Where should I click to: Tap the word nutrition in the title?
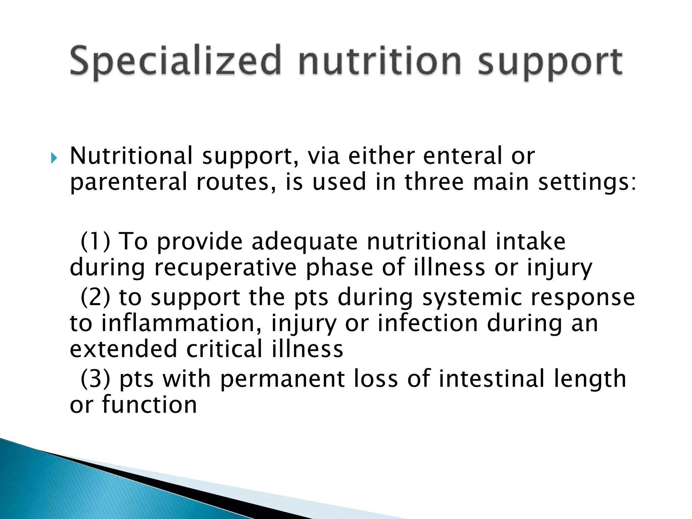click(x=380, y=62)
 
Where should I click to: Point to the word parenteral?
click(x=128, y=182)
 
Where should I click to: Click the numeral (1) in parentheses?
click(x=96, y=242)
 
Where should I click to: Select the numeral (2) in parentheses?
click(x=96, y=297)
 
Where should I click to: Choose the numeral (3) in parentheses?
click(x=96, y=379)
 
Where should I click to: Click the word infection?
click(x=427, y=323)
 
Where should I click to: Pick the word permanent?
click(x=282, y=379)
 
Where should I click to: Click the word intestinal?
click(x=492, y=379)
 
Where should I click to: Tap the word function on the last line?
click(x=149, y=404)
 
